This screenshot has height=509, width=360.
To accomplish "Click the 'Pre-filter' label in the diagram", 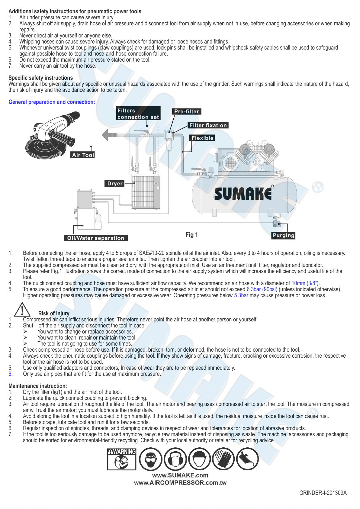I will click(x=187, y=111).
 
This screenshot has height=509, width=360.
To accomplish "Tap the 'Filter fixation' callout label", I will click(x=208, y=125).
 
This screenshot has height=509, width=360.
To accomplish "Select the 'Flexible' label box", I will click(x=202, y=138).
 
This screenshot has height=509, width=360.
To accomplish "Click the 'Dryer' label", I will click(x=115, y=183).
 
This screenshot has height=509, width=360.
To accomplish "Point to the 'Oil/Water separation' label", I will click(x=96, y=238).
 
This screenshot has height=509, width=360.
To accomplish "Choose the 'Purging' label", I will click(x=283, y=235).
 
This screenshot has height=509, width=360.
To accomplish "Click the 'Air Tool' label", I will click(x=83, y=155).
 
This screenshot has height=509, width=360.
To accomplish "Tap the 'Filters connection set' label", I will click(x=138, y=114).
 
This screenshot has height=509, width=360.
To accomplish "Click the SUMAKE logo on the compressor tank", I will click(x=243, y=194).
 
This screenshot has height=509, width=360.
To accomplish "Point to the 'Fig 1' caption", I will click(x=191, y=235).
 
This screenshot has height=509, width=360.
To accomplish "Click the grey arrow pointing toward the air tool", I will click(x=110, y=134).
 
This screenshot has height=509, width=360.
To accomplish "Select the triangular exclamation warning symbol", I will click(x=22, y=309).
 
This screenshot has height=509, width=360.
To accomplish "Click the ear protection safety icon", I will click(x=175, y=459).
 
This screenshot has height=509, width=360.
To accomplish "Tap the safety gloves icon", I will click(x=223, y=459).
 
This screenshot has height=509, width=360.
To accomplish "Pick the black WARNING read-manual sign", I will click(x=122, y=459).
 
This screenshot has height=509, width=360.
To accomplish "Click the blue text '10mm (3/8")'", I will click(x=305, y=283).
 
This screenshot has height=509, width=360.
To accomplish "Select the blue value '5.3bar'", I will click(x=241, y=295).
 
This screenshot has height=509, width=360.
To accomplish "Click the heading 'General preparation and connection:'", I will click(x=52, y=102).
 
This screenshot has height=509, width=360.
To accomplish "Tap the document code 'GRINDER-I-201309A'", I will click(x=323, y=493).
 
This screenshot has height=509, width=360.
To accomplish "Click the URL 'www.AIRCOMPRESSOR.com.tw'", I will click(x=180, y=483).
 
